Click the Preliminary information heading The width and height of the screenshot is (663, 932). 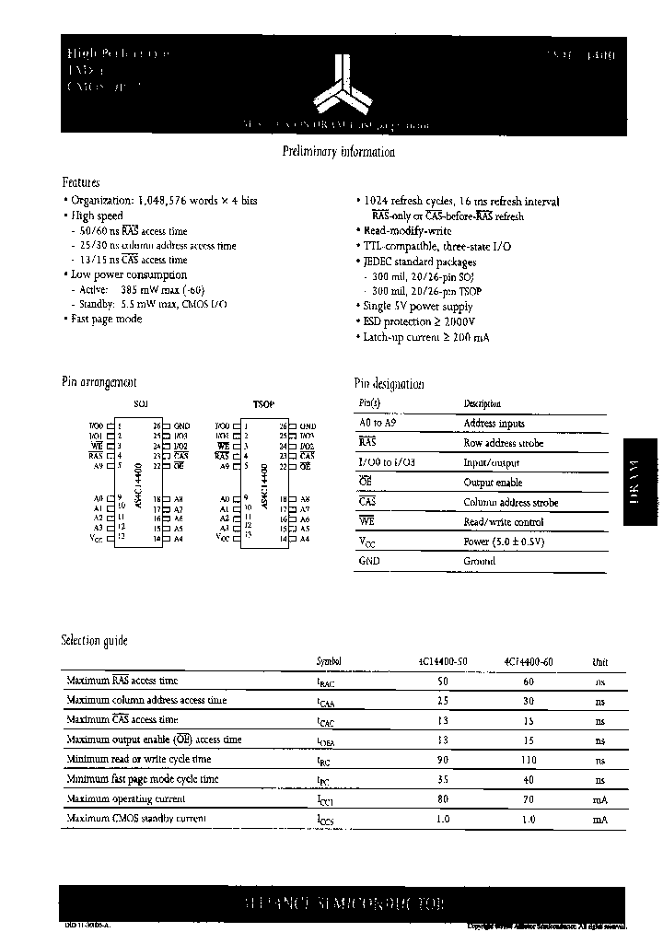click(x=338, y=152)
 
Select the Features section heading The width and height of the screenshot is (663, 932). click(x=80, y=182)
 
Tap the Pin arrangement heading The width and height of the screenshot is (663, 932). click(x=99, y=382)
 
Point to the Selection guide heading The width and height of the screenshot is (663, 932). click(x=94, y=640)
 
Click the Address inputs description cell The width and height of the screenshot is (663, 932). click(x=494, y=424)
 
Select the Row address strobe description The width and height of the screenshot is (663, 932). click(x=503, y=443)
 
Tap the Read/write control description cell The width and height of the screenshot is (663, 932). click(x=504, y=522)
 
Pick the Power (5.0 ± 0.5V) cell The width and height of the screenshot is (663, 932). click(x=505, y=542)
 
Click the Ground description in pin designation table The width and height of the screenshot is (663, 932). click(x=479, y=561)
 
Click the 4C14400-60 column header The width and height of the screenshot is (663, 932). click(x=529, y=661)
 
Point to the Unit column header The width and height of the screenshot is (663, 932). click(x=599, y=661)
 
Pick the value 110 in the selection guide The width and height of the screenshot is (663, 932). click(x=528, y=760)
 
